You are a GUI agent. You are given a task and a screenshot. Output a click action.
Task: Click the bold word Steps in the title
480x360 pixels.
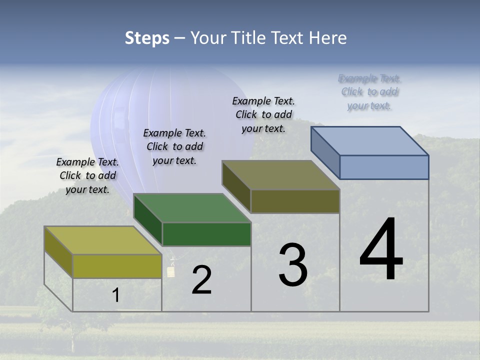(x=147, y=38)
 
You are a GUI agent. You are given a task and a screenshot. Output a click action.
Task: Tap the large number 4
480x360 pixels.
(x=381, y=250)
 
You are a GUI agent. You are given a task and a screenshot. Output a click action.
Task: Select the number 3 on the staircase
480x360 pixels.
(x=293, y=265)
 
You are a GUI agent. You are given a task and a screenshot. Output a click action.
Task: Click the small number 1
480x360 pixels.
(x=116, y=295)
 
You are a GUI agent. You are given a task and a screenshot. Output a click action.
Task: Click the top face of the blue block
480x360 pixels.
(x=370, y=141)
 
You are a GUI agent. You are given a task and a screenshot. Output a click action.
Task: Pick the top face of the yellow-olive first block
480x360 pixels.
(x=102, y=240)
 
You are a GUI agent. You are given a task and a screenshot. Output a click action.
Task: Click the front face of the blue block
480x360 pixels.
(x=384, y=167)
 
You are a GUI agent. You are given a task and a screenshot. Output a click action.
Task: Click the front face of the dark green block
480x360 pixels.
(x=206, y=234)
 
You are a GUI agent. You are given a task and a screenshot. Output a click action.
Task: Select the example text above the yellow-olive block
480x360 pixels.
(x=87, y=176)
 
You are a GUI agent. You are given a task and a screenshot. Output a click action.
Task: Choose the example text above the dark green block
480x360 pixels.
(x=174, y=146)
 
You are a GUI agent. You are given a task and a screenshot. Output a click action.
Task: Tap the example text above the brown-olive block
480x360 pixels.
(x=263, y=114)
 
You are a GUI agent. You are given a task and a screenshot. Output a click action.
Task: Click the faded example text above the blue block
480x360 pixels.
(x=369, y=92)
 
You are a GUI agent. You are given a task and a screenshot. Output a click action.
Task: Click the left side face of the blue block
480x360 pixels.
(x=325, y=152)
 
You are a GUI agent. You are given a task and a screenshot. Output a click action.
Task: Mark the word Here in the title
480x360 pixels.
(x=328, y=38)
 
